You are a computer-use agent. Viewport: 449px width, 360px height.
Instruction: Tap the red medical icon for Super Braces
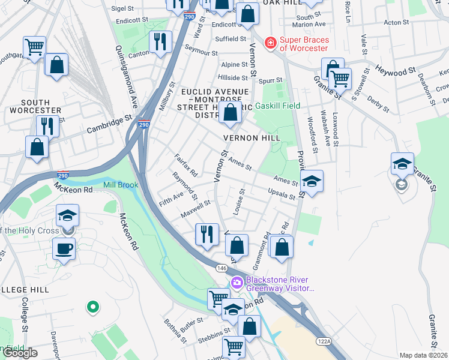[271, 43]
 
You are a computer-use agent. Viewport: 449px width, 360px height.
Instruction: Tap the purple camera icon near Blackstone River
[237, 282]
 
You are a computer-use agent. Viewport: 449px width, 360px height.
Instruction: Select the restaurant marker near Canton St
[160, 42]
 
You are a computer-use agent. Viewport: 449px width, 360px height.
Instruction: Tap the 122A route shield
[324, 341]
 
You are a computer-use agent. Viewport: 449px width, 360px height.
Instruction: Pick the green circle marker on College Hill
[92, 307]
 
